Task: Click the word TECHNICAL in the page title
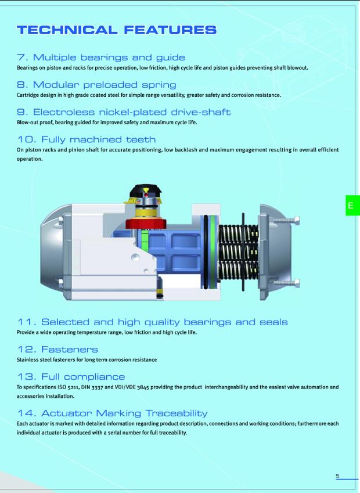coord(67,30)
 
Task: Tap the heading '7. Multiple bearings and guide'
coord(101,57)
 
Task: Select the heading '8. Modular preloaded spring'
coord(96,85)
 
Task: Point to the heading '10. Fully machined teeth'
coord(87,139)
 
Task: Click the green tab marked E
coord(353,206)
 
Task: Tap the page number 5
coord(338,476)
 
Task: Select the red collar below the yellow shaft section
coord(146,224)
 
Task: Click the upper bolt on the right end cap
coord(286,221)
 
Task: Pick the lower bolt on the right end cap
coord(286,283)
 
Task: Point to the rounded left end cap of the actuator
coord(53,252)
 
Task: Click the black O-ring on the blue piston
coord(206,252)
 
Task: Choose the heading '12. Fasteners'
coord(57,350)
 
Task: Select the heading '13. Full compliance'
coord(71,377)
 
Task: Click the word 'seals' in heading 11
coord(273,322)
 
